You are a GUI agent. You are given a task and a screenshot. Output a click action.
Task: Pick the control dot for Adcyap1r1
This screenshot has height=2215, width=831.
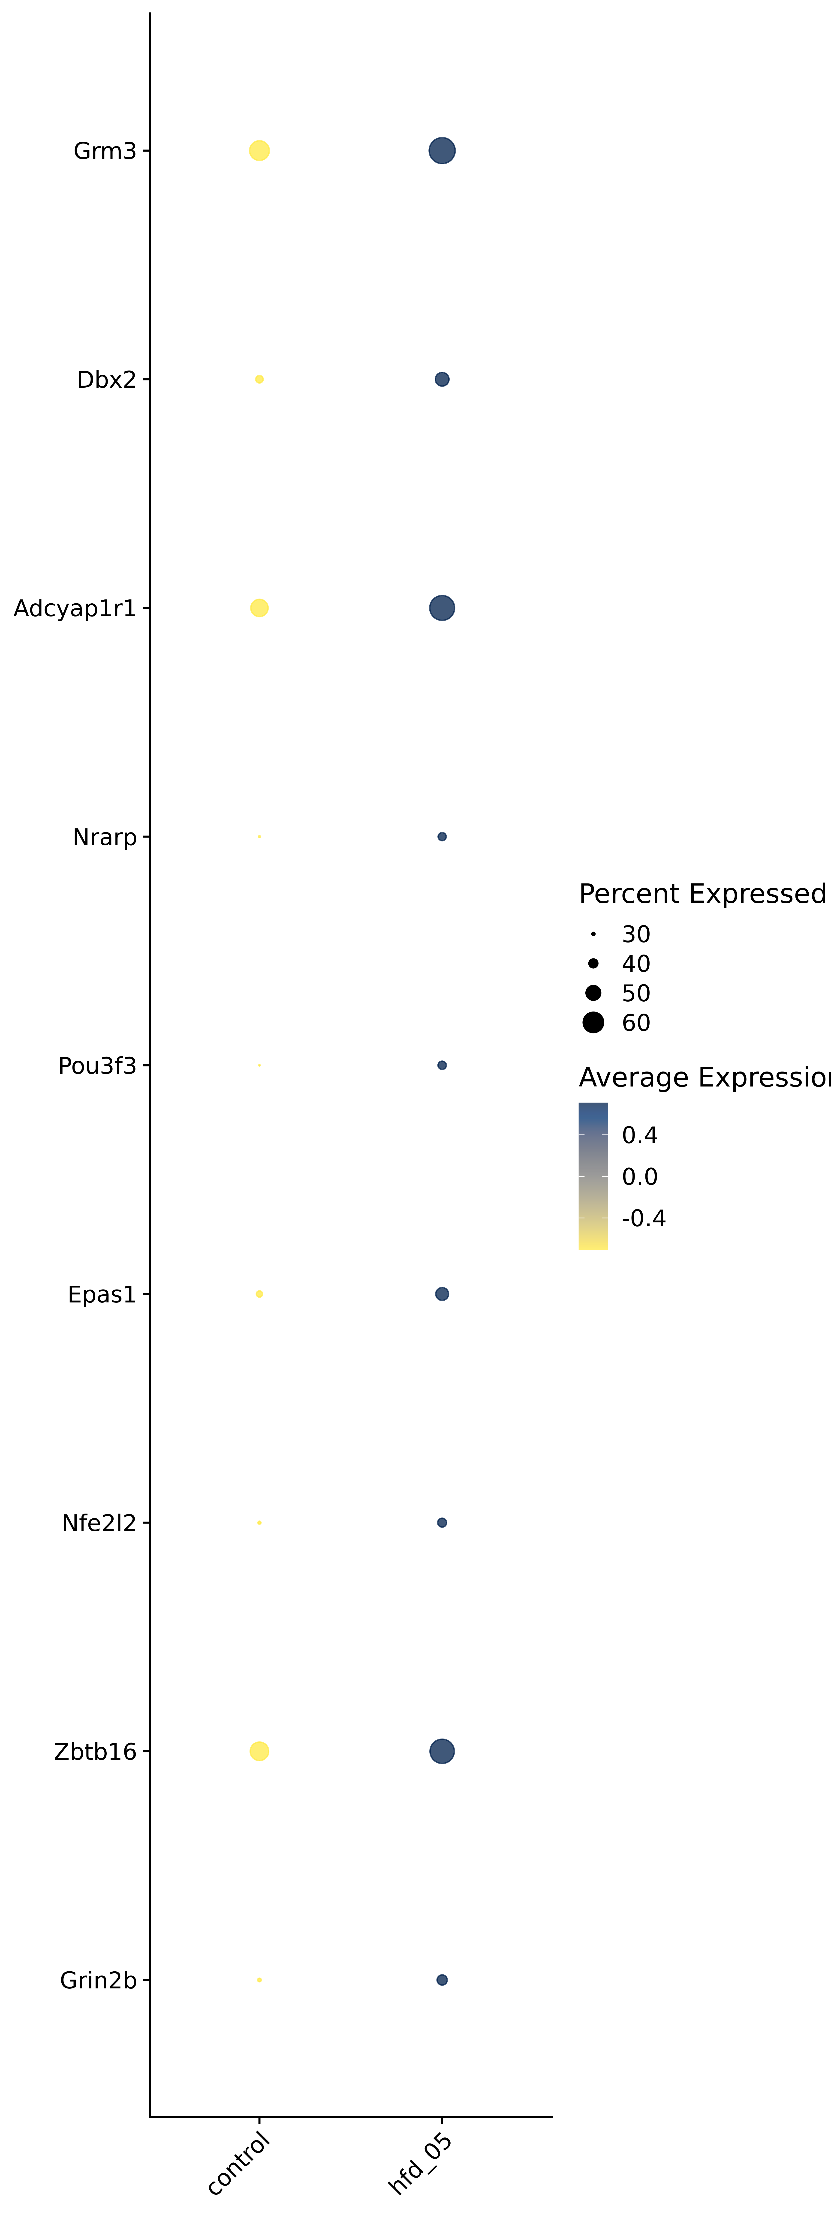[x=259, y=608]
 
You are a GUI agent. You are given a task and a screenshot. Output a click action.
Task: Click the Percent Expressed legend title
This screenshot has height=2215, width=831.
[x=702, y=894]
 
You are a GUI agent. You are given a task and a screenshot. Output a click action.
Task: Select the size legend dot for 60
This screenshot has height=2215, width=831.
[x=593, y=1022]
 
